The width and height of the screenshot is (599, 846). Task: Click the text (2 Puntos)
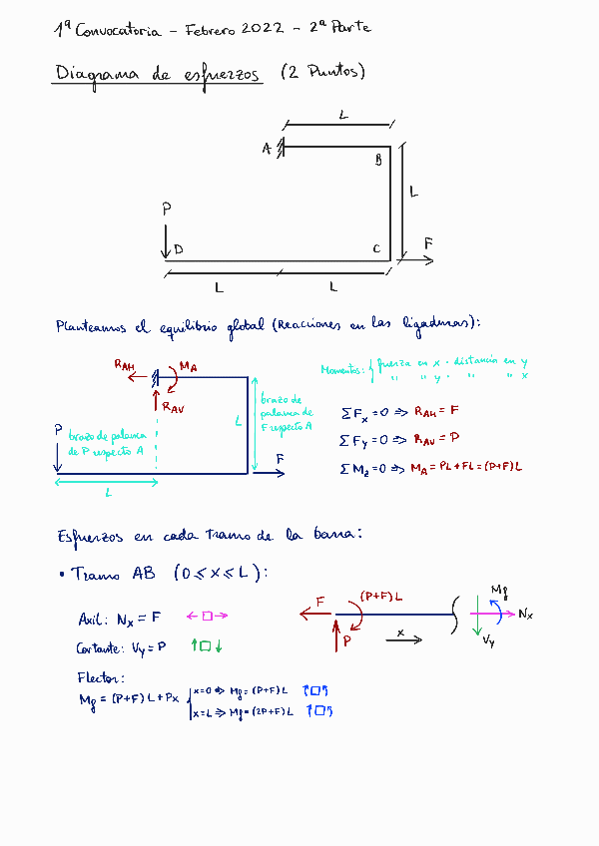point(323,73)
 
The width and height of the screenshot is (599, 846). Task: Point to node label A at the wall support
point(267,149)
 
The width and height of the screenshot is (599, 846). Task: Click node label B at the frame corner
point(378,160)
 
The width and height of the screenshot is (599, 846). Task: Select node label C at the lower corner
point(376,248)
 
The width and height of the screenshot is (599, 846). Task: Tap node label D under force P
point(178,249)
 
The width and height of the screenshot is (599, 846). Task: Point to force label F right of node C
point(428,243)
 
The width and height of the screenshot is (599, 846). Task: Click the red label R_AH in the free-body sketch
point(125,366)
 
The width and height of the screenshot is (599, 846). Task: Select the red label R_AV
point(173,406)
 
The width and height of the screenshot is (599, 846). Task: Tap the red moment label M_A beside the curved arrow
point(188,368)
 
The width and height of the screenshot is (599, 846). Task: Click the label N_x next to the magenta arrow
point(525,615)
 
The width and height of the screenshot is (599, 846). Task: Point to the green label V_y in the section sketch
point(487,641)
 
